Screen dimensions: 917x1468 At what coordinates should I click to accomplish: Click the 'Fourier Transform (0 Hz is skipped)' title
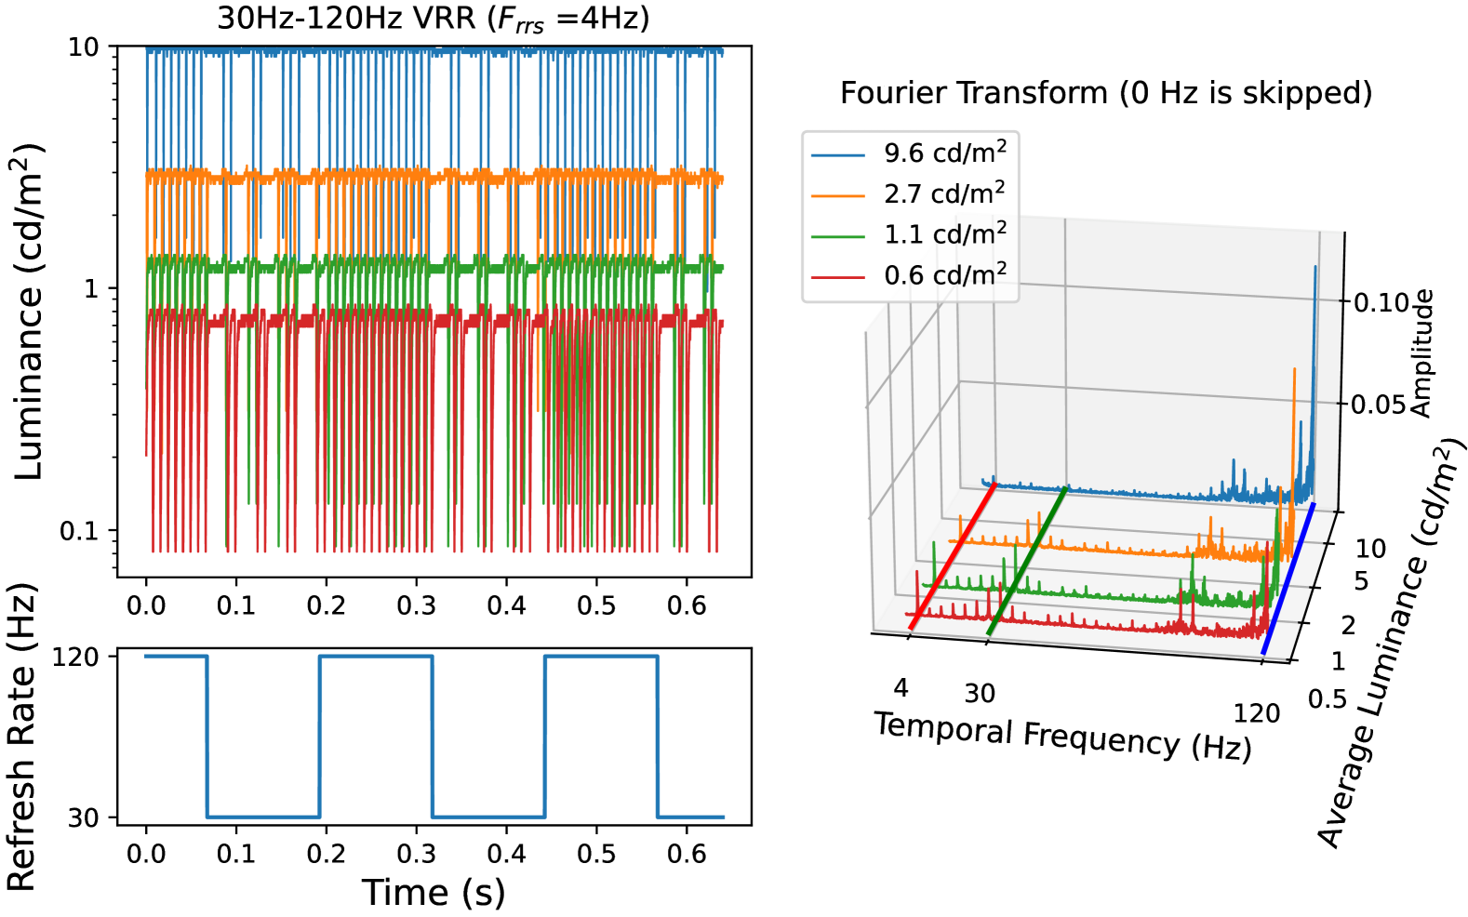(x=1105, y=93)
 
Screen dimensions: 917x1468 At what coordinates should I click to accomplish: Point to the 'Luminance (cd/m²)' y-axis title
(x=30, y=312)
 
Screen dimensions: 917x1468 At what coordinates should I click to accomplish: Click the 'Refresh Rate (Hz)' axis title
(x=22, y=737)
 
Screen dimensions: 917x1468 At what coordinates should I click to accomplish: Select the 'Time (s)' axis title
(x=434, y=893)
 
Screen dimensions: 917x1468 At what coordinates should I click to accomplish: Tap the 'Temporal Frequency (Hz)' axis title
(x=1062, y=736)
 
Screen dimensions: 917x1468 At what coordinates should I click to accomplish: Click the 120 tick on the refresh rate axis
(x=76, y=657)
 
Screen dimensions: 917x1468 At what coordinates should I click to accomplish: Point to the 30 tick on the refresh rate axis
(x=84, y=817)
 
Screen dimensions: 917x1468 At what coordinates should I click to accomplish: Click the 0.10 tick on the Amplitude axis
(x=1381, y=302)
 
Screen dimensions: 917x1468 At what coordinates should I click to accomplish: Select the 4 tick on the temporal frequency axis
(x=901, y=687)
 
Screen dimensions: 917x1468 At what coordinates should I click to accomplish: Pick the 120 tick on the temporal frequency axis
(x=1256, y=713)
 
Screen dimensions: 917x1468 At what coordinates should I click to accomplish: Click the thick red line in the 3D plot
(x=953, y=556)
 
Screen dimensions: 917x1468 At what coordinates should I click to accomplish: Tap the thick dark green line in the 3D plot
(x=1027, y=561)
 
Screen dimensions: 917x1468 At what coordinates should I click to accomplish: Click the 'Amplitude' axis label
(x=1421, y=353)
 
